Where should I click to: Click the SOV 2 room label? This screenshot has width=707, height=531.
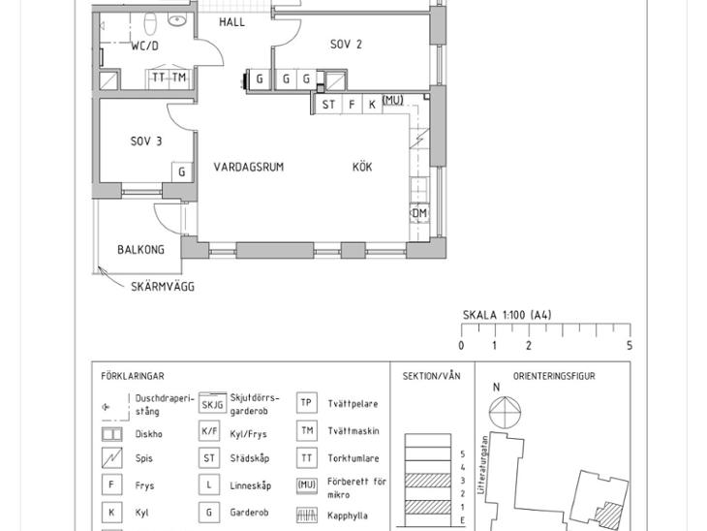coord(346,45)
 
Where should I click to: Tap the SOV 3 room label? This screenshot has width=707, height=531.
coord(146,141)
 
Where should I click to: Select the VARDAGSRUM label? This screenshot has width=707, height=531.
coord(249,167)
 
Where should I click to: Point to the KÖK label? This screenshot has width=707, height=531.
coord(362,167)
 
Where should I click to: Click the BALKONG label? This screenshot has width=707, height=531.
coord(140,249)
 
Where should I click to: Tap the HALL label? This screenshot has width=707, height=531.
coord(231,22)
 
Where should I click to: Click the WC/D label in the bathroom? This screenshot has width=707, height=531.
coord(144,46)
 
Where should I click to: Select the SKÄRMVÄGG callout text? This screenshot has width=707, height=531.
coord(163,286)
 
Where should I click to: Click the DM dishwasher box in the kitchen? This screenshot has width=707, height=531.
coord(419,213)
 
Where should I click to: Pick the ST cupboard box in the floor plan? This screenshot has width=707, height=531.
coord(328,105)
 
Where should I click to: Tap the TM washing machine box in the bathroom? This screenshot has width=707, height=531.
coord(179,78)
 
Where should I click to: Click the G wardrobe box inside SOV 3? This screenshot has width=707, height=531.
coord(182,172)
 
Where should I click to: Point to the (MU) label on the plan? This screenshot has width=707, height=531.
coord(393,100)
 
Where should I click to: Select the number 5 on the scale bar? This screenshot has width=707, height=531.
coord(630,346)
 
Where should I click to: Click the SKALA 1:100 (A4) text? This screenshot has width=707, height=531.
coord(507,315)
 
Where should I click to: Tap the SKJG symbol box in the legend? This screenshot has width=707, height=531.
coord(212,403)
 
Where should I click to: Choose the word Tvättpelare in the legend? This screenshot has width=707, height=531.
coord(353,404)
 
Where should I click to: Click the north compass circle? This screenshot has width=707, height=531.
coord(505,412)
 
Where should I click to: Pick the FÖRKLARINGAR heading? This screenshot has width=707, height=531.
coord(133,376)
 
